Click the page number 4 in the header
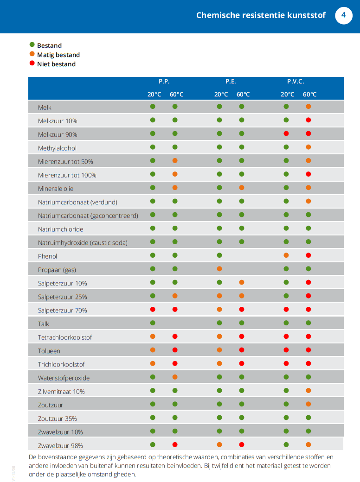(x=344, y=15)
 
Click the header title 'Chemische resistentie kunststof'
(x=260, y=15)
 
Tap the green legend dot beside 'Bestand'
(x=32, y=45)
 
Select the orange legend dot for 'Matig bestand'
(x=32, y=54)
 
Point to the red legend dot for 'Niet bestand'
(x=32, y=63)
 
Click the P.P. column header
(x=164, y=82)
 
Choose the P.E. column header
(x=231, y=82)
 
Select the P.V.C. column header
(x=296, y=82)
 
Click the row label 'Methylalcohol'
(x=57, y=148)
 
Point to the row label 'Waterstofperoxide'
(x=64, y=378)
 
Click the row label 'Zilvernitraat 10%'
(x=61, y=392)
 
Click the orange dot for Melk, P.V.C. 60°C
(x=309, y=107)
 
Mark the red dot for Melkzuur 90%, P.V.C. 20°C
(x=286, y=133)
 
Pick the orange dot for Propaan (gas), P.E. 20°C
(x=219, y=269)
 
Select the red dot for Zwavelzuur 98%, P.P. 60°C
(x=175, y=445)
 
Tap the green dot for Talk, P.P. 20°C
(x=153, y=323)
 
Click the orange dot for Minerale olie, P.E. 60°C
(x=242, y=188)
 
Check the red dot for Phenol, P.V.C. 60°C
(x=309, y=255)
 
